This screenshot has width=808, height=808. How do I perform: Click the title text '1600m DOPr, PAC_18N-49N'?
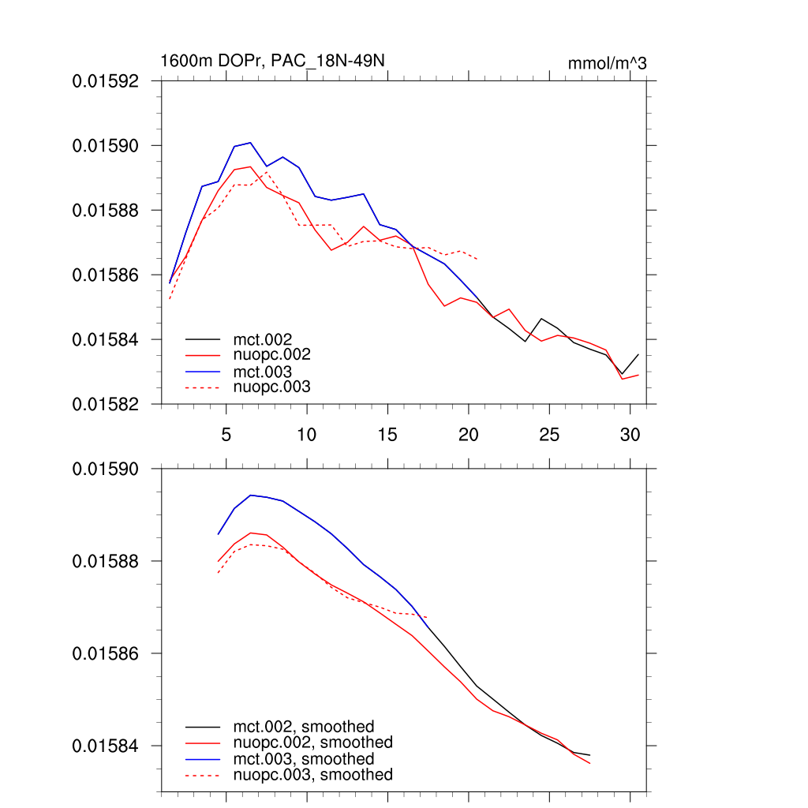point(272,61)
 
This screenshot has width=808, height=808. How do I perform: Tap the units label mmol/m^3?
point(607,63)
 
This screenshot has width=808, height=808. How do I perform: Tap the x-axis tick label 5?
point(226,435)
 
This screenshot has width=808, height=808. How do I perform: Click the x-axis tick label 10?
point(307,435)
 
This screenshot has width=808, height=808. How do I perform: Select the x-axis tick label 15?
point(387,435)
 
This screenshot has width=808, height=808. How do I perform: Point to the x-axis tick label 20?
point(469,435)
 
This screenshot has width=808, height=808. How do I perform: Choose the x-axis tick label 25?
point(549,435)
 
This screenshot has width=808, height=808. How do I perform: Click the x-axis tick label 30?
point(630,435)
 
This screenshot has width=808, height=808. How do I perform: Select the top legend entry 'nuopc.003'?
point(272,387)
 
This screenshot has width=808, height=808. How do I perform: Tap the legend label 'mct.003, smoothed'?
point(304,759)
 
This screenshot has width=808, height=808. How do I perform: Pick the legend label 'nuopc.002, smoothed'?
point(313,743)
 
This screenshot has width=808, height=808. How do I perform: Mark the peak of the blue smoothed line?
point(250,495)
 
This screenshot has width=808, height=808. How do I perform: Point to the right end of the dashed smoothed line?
point(428,618)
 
